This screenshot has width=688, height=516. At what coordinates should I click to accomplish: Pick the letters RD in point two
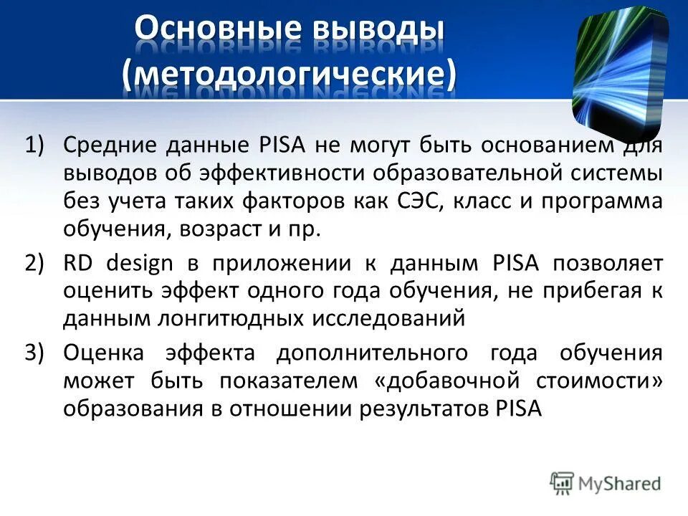(78, 263)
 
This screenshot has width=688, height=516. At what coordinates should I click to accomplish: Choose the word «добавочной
(447, 381)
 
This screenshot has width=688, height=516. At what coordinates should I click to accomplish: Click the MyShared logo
(606, 482)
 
